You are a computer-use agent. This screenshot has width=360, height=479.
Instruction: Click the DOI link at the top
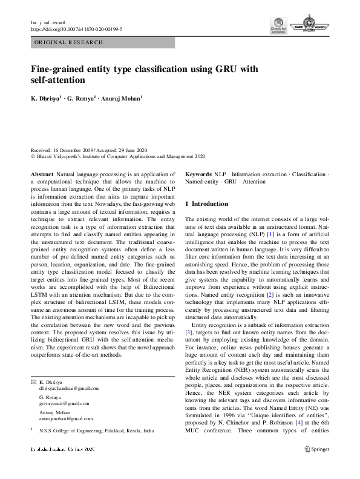pos(76,28)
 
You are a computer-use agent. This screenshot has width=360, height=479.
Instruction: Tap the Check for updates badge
pos(278,27)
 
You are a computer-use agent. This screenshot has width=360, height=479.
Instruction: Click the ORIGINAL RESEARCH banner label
pos(69,42)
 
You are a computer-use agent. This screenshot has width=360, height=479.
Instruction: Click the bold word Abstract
pos(42,174)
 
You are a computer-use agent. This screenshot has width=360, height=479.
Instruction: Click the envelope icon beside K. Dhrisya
pos(33,383)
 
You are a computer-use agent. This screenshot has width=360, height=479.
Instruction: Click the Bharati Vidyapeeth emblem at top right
pos(310,27)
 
